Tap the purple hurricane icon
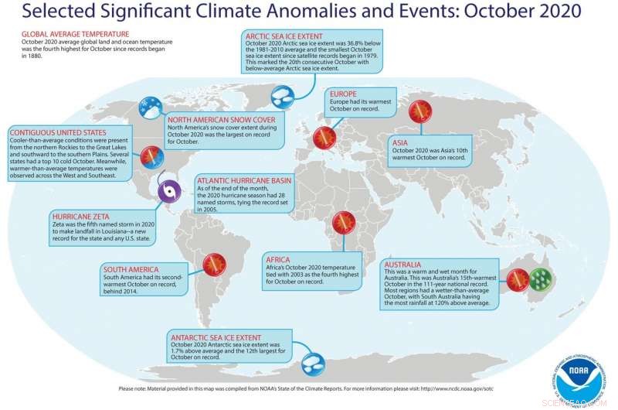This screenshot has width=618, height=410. tap(169, 190)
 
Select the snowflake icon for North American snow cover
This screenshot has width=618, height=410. tap(149, 108)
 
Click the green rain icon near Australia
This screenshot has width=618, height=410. tap(542, 278)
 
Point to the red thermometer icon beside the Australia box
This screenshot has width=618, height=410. tap(518, 277)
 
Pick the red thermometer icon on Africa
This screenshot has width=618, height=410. tap(343, 224)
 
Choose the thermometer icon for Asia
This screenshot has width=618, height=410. tap(419, 112)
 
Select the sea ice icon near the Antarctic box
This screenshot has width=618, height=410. tap(313, 360)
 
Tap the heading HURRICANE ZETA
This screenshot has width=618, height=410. tap(83, 217)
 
